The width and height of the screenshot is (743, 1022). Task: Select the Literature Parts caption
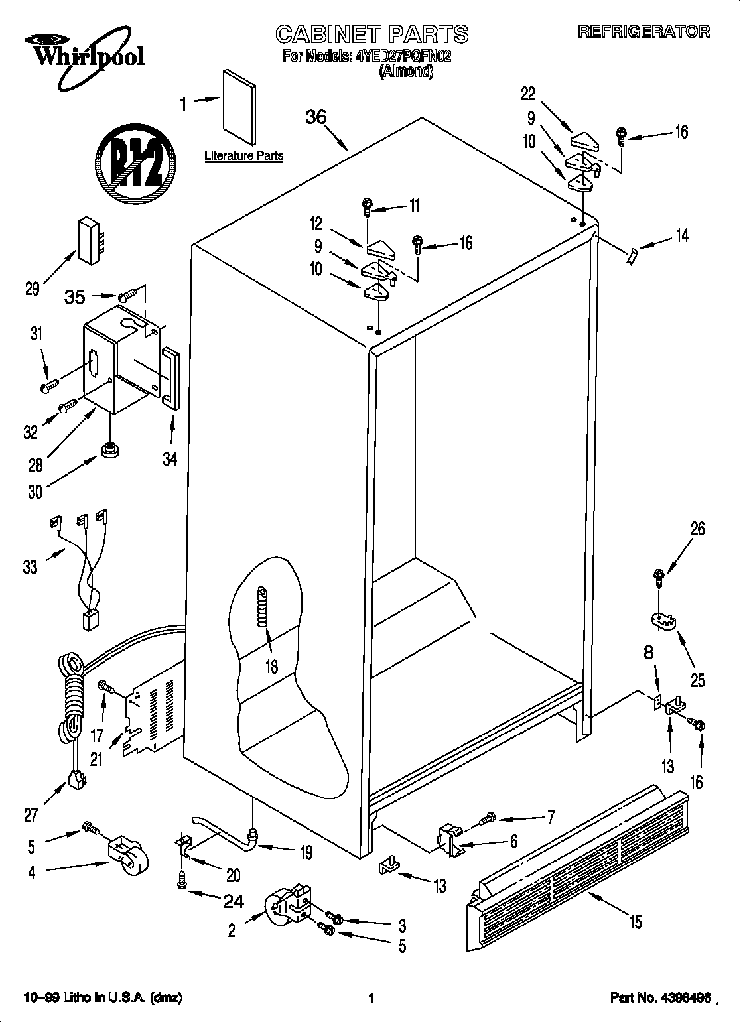(243, 157)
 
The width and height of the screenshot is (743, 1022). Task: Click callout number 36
(316, 117)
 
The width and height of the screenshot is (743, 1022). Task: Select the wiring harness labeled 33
(83, 570)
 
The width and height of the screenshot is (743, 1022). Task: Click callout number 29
(32, 289)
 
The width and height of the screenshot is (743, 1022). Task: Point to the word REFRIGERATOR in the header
(643, 31)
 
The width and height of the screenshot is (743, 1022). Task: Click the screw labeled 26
(659, 577)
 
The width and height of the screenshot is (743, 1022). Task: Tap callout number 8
(649, 653)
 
